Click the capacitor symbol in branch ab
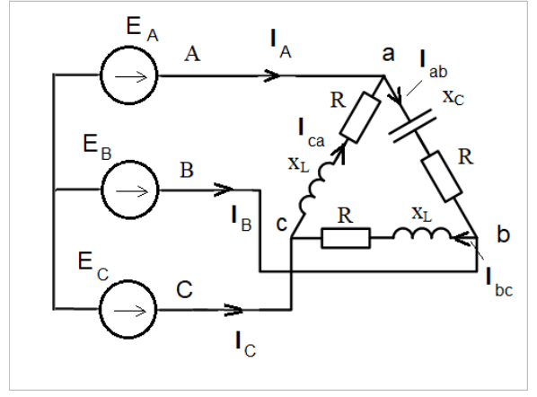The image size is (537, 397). pyautogui.click(x=412, y=126)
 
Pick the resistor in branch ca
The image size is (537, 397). pyautogui.click(x=360, y=117)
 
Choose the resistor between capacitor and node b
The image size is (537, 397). pyautogui.click(x=441, y=176)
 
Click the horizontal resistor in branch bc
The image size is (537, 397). pyautogui.click(x=346, y=238)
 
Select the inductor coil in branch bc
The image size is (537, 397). pyautogui.click(x=422, y=234)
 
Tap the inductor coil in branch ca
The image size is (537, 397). pyautogui.click(x=315, y=189)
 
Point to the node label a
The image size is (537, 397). pyautogui.click(x=388, y=54)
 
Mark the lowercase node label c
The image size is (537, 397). pyautogui.click(x=281, y=225)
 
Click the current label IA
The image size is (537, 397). pyautogui.click(x=280, y=44)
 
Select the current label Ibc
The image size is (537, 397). pyautogui.click(x=499, y=282)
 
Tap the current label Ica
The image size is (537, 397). pyautogui.click(x=311, y=133)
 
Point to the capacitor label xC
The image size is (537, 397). pyautogui.click(x=453, y=97)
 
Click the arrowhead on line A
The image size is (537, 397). pyautogui.click(x=272, y=75)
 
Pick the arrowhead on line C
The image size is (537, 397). pyautogui.click(x=233, y=310)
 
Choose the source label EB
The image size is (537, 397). pyautogui.click(x=97, y=147)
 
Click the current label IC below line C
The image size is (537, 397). pyautogui.click(x=245, y=345)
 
